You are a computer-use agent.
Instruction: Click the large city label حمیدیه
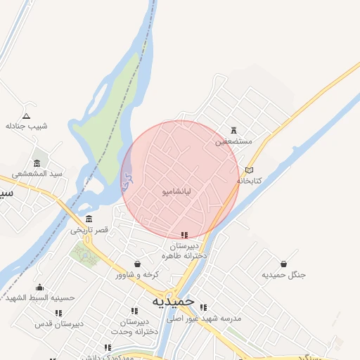coord(173,300)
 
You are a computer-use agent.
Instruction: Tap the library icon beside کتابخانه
coord(249,170)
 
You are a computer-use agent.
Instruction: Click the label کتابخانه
coord(249,181)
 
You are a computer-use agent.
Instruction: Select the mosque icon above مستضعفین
coord(234,130)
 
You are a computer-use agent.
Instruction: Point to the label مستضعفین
coord(233,141)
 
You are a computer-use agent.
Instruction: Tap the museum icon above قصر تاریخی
coord(89,219)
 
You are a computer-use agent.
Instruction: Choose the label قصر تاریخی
coord(89,230)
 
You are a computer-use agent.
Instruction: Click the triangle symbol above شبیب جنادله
coord(27,115)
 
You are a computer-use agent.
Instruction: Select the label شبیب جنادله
coord(27,127)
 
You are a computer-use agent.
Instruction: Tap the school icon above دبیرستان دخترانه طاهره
coord(184,236)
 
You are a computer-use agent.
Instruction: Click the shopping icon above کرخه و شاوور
coord(137,264)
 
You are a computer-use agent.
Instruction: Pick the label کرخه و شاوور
coord(138,274)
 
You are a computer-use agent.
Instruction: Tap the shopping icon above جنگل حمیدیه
coord(283,264)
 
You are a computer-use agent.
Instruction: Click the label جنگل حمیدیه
coord(283,274)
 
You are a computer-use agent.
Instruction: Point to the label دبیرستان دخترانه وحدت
coord(134,326)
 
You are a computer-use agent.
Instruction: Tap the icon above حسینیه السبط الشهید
coord(39,287)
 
